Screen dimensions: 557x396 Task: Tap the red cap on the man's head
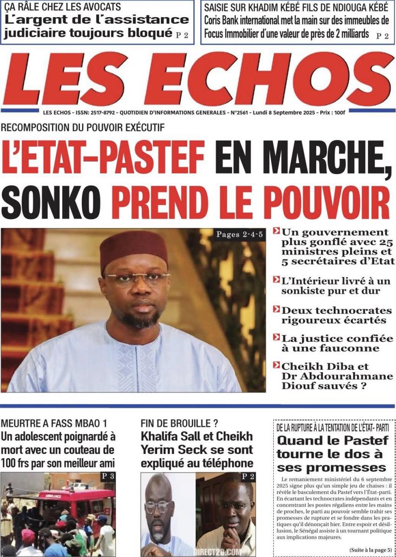click(134, 250)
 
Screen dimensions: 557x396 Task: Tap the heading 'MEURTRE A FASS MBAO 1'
click(54, 423)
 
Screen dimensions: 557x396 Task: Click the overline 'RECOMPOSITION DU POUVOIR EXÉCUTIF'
click(83, 128)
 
